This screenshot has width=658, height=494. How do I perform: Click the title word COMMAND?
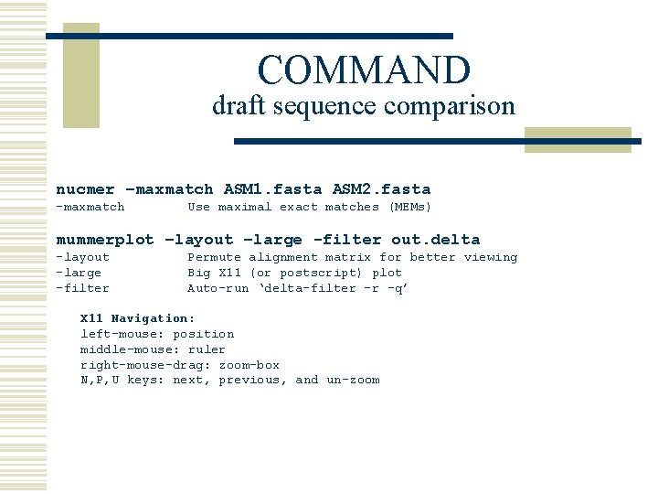point(364,70)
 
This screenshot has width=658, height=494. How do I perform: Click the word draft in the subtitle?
point(234,106)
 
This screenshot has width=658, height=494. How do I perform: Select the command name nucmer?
point(85,189)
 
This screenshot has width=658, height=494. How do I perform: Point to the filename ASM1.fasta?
point(272,189)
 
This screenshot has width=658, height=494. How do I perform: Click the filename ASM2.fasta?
point(381,189)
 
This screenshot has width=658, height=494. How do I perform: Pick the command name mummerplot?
point(105,240)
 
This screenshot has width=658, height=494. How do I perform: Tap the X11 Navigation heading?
point(137,318)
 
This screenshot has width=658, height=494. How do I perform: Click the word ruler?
point(207,349)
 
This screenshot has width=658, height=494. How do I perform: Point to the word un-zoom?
point(353,380)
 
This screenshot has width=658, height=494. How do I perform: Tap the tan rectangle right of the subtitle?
point(578,140)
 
